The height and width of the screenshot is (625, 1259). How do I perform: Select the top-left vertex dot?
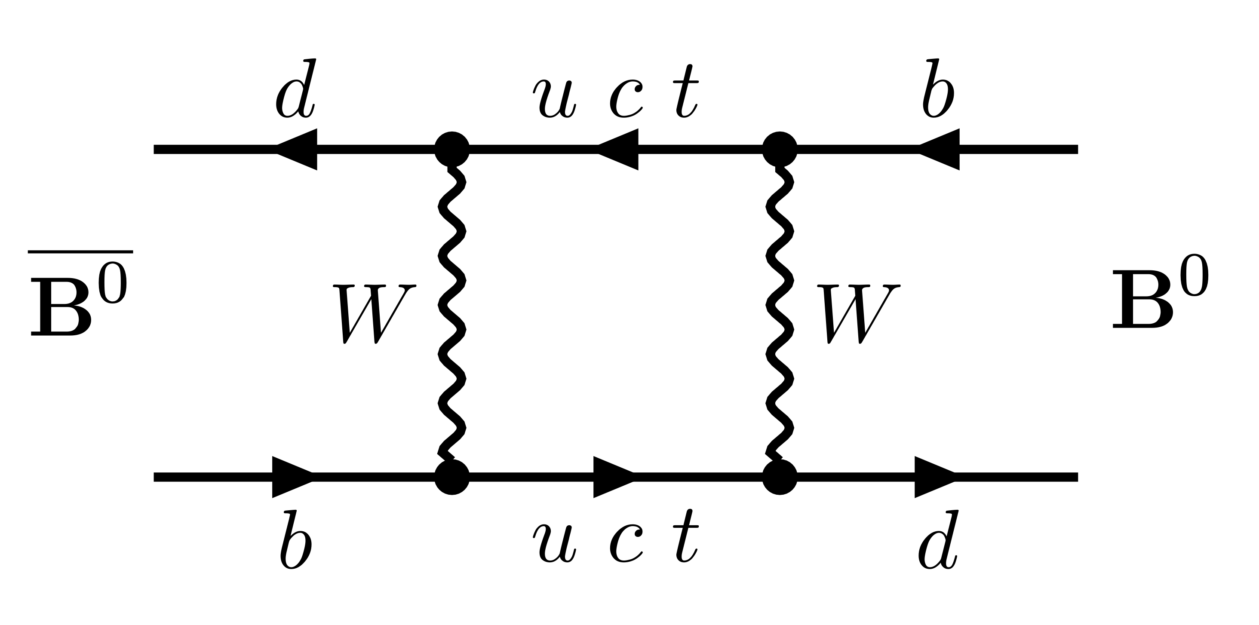point(452,149)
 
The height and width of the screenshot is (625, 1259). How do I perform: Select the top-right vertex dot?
point(780,149)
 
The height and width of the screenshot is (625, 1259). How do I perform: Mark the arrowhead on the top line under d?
point(299,149)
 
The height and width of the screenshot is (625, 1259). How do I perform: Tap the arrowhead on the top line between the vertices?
point(620,149)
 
